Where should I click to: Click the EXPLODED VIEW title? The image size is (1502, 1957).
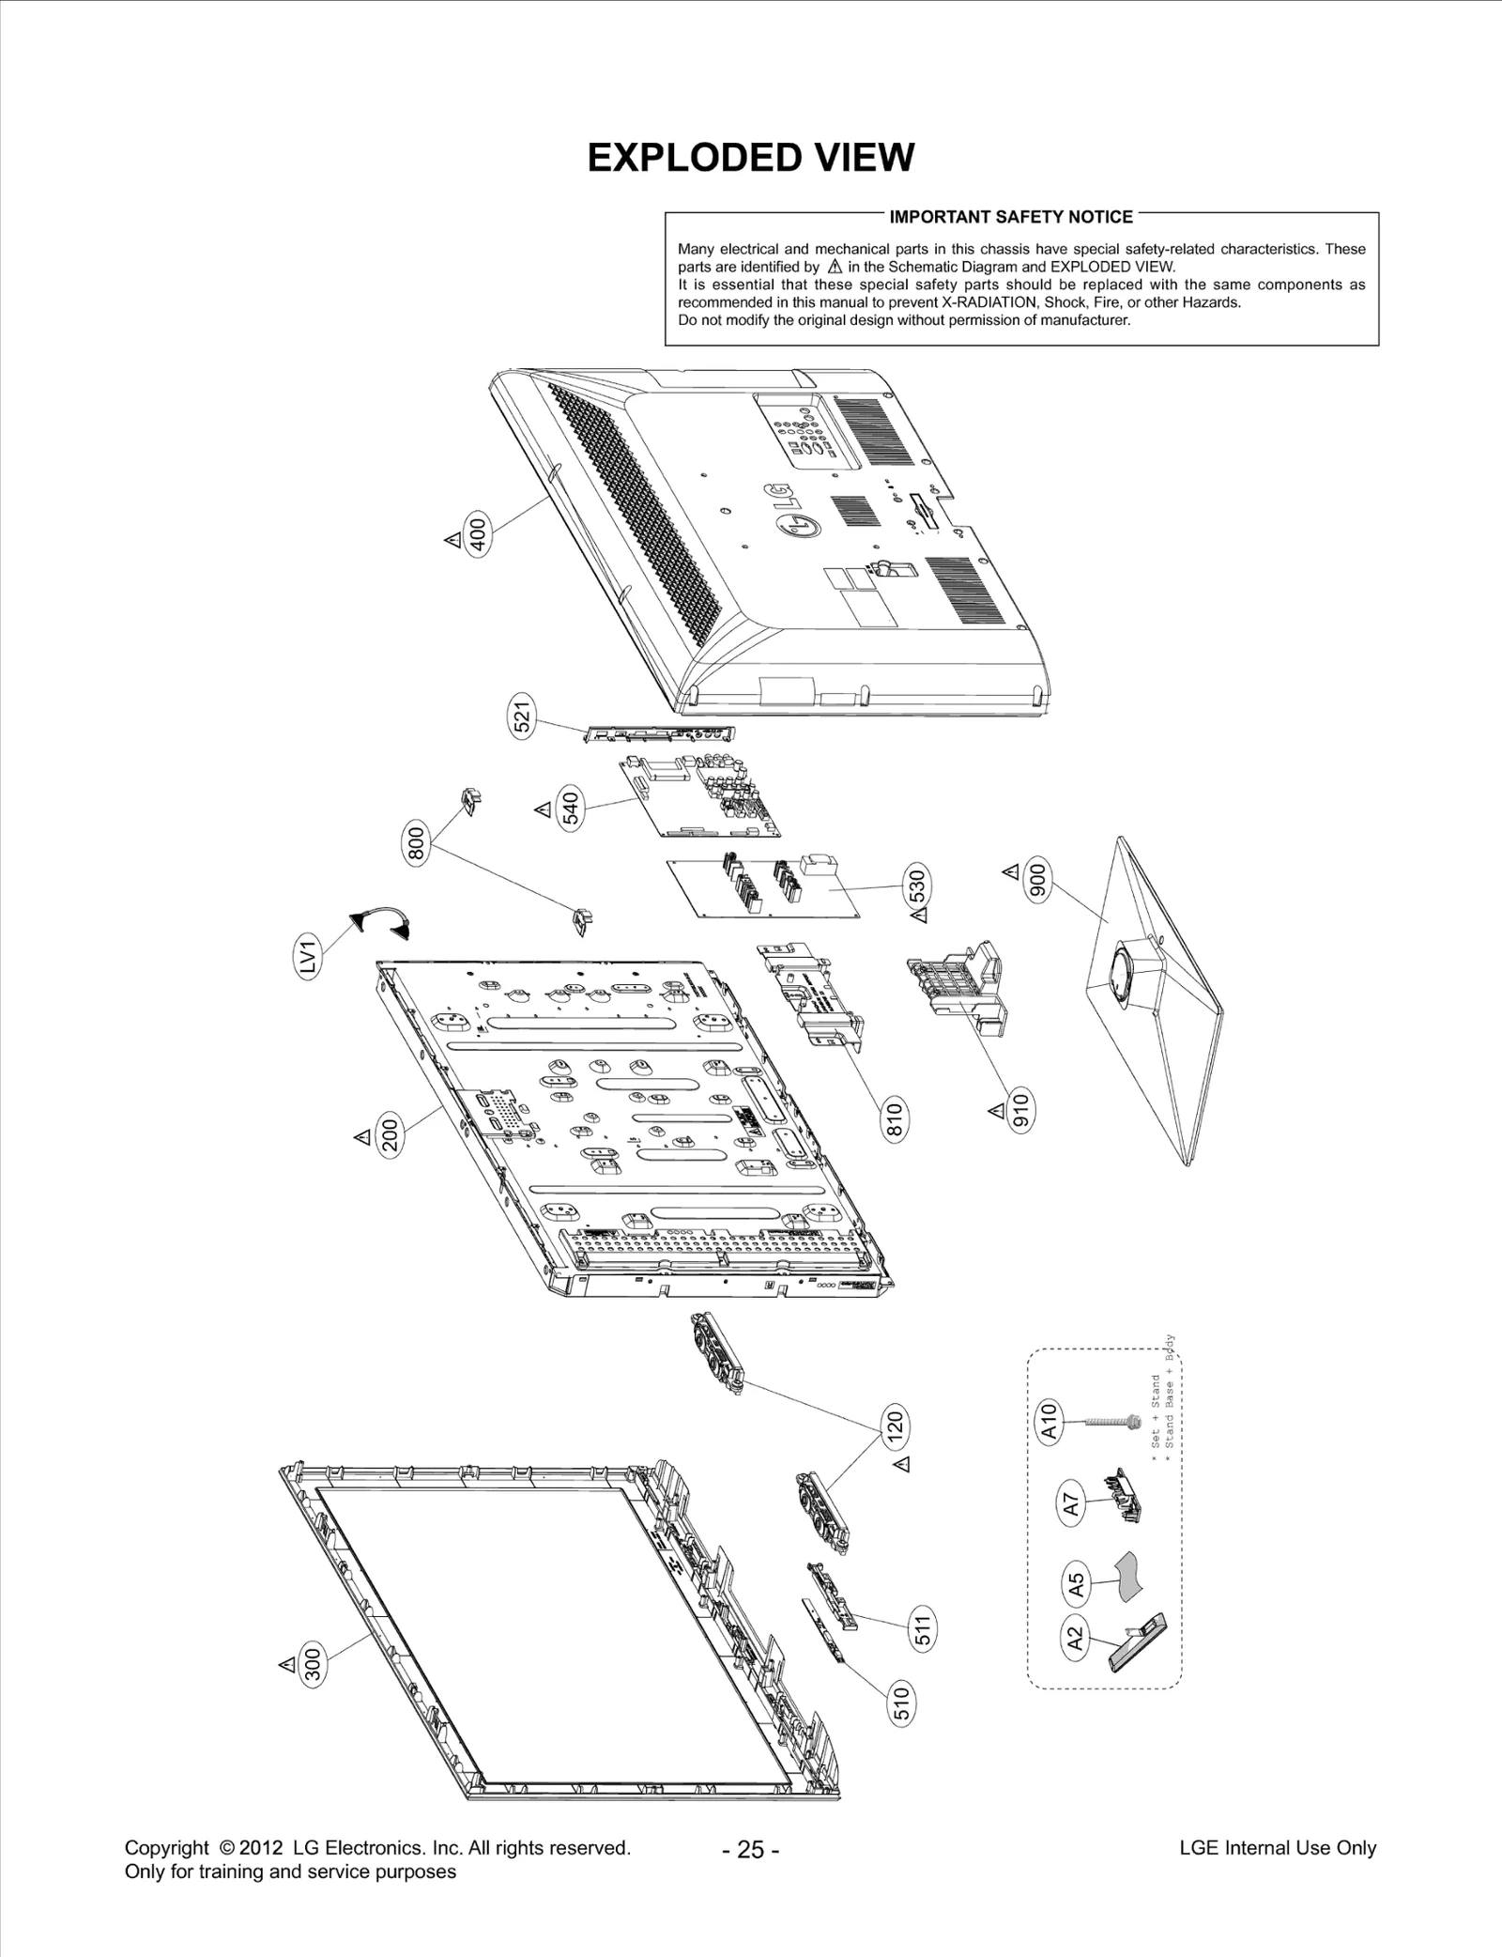coord(750,158)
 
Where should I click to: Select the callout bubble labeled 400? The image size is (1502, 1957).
coord(478,537)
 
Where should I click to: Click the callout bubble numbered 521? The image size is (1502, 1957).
coord(522,717)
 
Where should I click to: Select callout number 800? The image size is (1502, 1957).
coord(417,841)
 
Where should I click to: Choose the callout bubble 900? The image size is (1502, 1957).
coord(1038,879)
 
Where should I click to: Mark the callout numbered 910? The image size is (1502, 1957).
coord(1020,1111)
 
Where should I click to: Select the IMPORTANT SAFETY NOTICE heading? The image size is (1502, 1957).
coord(1010,217)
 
